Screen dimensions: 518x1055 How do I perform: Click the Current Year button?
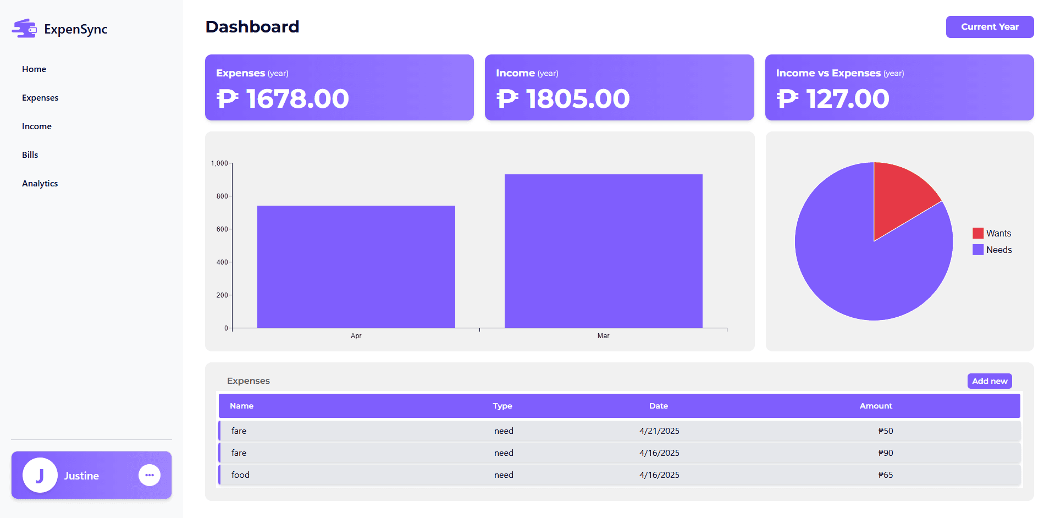tap(990, 27)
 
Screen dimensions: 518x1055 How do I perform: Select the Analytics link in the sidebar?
tap(40, 184)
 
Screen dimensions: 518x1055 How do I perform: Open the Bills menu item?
tap(30, 155)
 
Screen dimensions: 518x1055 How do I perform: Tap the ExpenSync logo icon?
tap(24, 29)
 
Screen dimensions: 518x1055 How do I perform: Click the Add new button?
tap(989, 381)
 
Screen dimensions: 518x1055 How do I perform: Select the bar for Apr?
tap(356, 267)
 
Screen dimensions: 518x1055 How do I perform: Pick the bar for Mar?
tap(603, 251)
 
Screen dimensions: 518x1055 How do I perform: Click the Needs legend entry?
tap(992, 250)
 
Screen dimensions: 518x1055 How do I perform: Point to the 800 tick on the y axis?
tap(222, 196)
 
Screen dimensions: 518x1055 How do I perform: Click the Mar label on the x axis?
tap(603, 336)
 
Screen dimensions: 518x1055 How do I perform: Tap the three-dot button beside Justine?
tap(150, 475)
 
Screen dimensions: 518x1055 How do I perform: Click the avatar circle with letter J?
tap(40, 475)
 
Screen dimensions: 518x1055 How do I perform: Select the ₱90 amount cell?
tap(885, 453)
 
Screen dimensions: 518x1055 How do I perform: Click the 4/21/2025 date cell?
tap(659, 431)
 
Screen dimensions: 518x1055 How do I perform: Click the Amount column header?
tap(876, 406)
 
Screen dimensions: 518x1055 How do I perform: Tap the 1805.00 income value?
tap(577, 99)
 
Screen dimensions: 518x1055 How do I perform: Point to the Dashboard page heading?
tap(252, 27)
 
